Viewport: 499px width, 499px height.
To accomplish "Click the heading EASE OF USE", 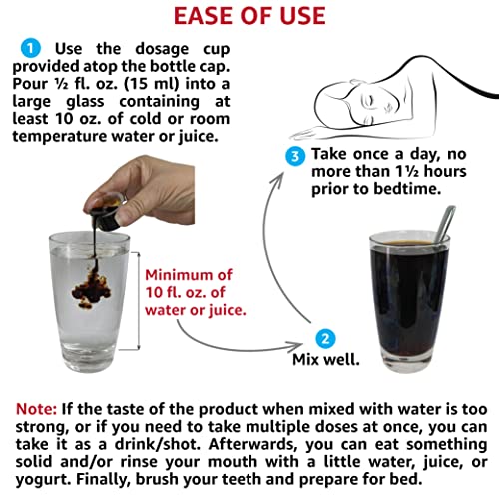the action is click(249, 16).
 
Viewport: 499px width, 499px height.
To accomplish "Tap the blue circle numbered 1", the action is click(31, 48).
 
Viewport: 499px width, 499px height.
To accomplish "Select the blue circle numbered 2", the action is click(325, 339).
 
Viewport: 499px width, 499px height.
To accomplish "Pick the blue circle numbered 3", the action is click(295, 156).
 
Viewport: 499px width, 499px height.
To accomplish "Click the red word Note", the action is click(36, 409).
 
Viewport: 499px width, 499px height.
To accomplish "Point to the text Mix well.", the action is click(326, 359).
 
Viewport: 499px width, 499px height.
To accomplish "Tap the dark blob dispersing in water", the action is click(92, 287).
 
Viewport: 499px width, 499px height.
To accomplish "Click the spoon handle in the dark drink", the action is click(444, 224).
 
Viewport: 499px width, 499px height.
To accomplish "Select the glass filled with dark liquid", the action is click(409, 302).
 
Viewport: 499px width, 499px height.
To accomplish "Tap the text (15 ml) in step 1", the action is click(151, 84).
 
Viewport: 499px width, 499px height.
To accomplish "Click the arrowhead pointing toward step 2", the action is click(296, 346).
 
